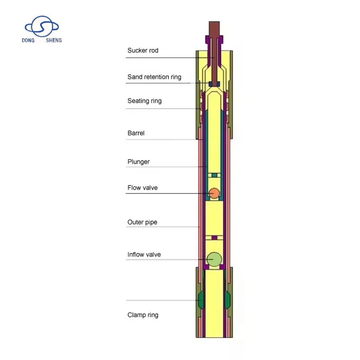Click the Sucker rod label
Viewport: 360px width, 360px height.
click(143, 50)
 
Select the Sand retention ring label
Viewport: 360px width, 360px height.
click(154, 77)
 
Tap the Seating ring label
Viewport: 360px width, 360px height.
click(144, 101)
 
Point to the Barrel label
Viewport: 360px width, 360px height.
click(136, 133)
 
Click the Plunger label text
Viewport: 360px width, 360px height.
click(139, 162)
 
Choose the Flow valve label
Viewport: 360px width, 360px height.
click(143, 188)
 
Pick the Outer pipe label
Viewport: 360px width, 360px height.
click(142, 222)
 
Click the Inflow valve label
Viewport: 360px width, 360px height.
click(144, 255)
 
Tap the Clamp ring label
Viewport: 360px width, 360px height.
click(143, 315)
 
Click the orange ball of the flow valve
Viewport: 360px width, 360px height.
click(215, 193)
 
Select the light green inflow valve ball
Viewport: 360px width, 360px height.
click(215, 259)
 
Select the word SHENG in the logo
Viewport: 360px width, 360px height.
click(54, 40)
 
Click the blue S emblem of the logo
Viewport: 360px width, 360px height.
click(41, 27)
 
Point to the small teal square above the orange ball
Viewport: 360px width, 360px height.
click(215, 175)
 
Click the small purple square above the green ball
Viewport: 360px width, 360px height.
click(215, 238)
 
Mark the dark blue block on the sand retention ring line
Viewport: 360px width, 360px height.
click(214, 83)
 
